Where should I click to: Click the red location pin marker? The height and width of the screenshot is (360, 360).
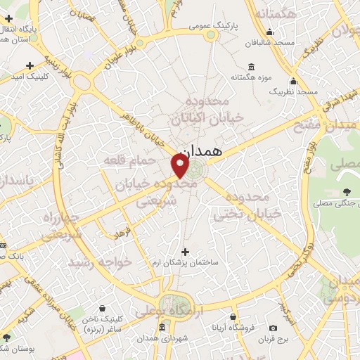point(181,165)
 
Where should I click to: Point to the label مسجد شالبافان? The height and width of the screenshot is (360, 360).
point(273,42)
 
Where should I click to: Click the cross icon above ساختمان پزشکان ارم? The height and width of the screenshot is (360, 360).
point(186,252)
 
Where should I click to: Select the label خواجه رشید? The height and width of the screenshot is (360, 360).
point(100,262)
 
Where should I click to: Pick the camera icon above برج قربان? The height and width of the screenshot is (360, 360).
point(273,328)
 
